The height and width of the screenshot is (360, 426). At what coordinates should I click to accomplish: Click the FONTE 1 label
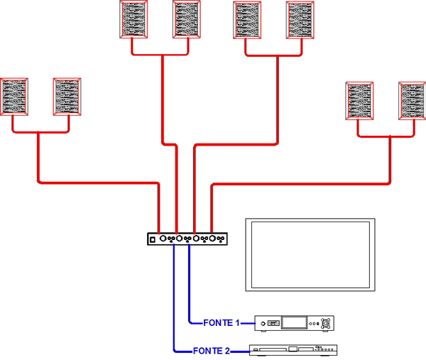click(x=222, y=323)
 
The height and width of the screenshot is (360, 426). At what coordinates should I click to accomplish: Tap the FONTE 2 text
click(x=212, y=351)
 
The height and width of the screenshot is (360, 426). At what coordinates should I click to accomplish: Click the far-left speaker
click(x=14, y=97)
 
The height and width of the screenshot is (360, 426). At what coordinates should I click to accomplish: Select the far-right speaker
click(x=412, y=101)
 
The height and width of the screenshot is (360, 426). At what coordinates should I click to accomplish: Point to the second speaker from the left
click(x=67, y=97)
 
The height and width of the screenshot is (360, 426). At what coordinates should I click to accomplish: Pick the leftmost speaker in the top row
click(x=133, y=19)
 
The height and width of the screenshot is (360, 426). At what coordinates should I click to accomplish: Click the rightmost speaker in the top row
click(x=300, y=20)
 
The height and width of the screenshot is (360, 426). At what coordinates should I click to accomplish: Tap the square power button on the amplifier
click(x=153, y=239)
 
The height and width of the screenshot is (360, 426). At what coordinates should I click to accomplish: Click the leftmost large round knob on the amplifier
click(x=163, y=239)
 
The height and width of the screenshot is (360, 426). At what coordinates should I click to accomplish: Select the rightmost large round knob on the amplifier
click(x=212, y=239)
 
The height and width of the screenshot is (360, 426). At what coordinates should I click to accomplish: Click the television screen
click(x=310, y=255)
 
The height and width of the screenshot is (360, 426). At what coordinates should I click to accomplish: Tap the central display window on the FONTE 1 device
click(x=294, y=322)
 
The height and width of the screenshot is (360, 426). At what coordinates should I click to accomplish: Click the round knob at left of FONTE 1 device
click(x=263, y=324)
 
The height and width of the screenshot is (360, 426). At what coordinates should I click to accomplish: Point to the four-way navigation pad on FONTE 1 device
click(x=326, y=323)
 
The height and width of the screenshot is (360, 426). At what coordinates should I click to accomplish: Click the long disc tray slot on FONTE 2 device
click(x=273, y=349)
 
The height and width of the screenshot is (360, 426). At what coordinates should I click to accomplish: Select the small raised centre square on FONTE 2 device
click(x=293, y=349)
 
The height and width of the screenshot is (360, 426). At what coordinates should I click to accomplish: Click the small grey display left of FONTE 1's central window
click(x=273, y=323)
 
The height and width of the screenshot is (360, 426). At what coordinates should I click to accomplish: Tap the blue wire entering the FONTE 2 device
click(x=240, y=351)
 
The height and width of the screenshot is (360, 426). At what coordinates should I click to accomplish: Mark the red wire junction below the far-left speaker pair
click(x=38, y=132)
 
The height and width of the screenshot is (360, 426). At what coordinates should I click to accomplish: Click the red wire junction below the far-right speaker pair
click(x=390, y=136)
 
